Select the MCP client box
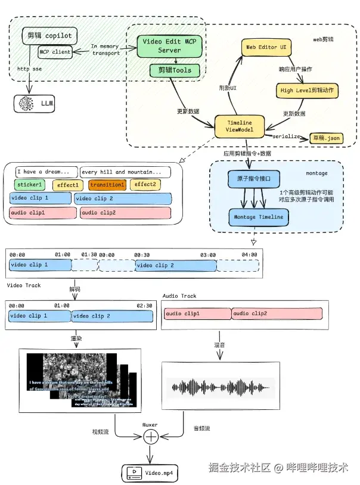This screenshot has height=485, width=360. (55, 52)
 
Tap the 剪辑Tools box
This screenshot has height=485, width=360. (170, 71)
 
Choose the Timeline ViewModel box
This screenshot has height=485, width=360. (239, 126)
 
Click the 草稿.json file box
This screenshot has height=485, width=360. (326, 138)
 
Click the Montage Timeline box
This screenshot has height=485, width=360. (258, 217)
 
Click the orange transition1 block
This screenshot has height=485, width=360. (107, 185)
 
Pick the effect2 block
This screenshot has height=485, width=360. (145, 185)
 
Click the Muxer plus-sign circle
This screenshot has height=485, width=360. (151, 437)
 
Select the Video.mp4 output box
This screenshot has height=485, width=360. (151, 473)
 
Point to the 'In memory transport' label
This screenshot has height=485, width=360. (105, 49)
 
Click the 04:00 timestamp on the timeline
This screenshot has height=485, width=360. (249, 254)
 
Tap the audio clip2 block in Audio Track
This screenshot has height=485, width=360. (276, 313)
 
